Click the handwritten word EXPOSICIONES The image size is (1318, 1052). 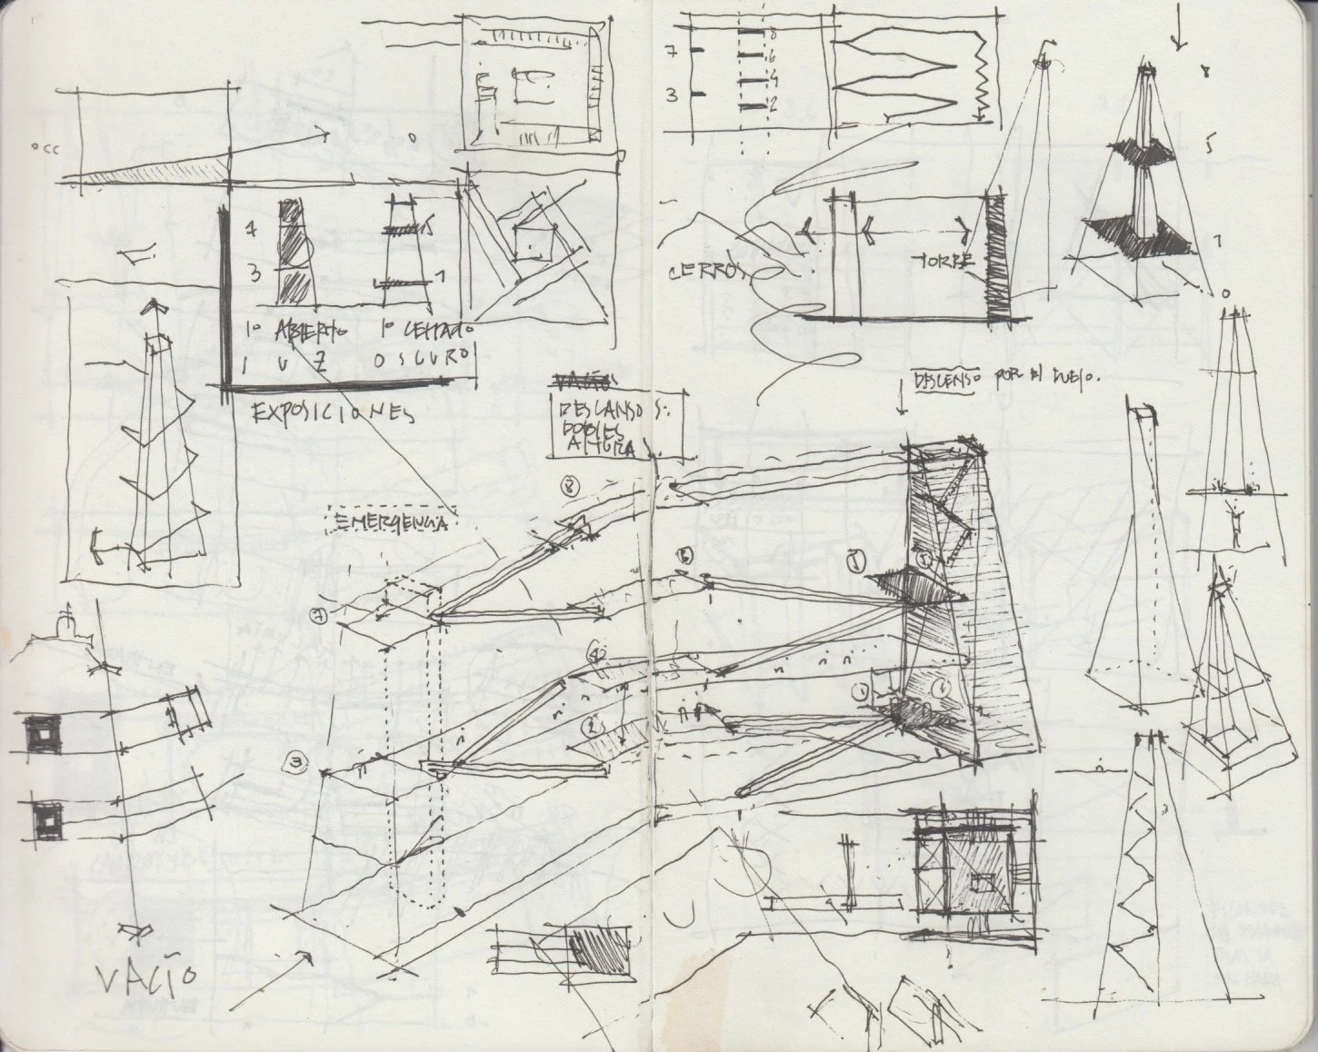pos(331,412)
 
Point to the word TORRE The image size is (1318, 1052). pos(947,261)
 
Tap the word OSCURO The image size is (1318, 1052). pos(423,361)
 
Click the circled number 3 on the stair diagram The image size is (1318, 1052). pos(296,762)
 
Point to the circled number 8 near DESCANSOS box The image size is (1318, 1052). pos(570,485)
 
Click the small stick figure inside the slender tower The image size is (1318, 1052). pos(1236,521)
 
